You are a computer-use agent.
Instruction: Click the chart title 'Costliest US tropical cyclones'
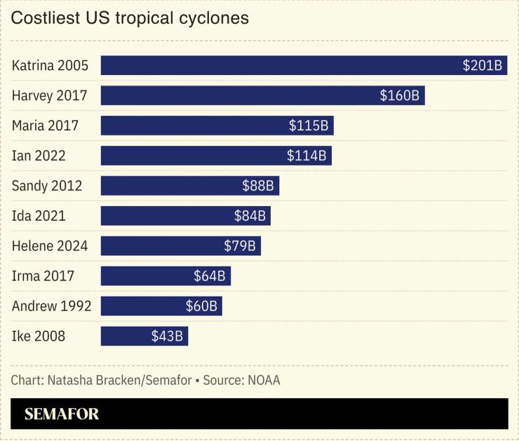click(x=130, y=18)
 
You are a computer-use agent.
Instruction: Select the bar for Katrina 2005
click(x=281, y=66)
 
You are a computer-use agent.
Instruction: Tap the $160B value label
click(x=399, y=96)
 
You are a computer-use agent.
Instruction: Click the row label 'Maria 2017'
click(x=45, y=126)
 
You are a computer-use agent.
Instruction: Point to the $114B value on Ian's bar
click(x=306, y=156)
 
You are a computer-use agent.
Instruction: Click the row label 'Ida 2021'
click(x=39, y=216)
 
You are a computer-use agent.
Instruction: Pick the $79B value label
click(x=241, y=246)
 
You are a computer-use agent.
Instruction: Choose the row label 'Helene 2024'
click(x=50, y=246)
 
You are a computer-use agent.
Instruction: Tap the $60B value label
click(x=201, y=306)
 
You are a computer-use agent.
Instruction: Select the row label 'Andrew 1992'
click(x=51, y=306)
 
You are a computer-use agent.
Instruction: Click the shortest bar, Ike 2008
click(x=126, y=337)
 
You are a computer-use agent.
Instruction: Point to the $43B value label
click(x=167, y=337)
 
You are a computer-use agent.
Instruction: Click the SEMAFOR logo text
click(x=62, y=414)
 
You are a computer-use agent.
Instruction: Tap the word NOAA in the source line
click(x=262, y=381)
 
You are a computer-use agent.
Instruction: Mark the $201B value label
click(x=482, y=66)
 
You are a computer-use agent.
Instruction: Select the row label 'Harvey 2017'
click(x=49, y=96)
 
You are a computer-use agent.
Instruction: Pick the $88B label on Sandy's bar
click(x=257, y=186)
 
